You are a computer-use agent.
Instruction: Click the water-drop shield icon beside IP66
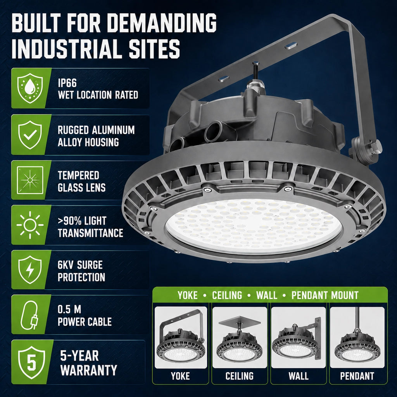30,88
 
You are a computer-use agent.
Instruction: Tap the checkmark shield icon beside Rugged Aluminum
30,135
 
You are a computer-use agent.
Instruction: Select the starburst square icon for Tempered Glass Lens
30,180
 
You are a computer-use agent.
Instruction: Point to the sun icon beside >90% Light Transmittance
30,225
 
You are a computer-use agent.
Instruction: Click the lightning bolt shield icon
30,270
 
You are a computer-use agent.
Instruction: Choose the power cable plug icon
29,315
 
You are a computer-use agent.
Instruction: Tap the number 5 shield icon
32,362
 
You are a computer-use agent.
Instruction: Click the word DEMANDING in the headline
162,23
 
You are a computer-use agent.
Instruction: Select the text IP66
67,83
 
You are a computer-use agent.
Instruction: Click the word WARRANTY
89,370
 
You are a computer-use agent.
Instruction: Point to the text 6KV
65,265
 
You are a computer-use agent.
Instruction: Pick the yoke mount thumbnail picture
181,338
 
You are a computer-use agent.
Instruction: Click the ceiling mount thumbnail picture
240,338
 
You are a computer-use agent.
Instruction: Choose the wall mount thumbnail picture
299,338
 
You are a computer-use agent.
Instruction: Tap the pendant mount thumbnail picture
357,338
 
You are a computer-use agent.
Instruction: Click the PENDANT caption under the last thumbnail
357,376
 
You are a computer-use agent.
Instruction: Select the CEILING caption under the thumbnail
240,376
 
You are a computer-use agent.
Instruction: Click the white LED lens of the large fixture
254,226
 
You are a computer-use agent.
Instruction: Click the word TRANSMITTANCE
90,233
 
